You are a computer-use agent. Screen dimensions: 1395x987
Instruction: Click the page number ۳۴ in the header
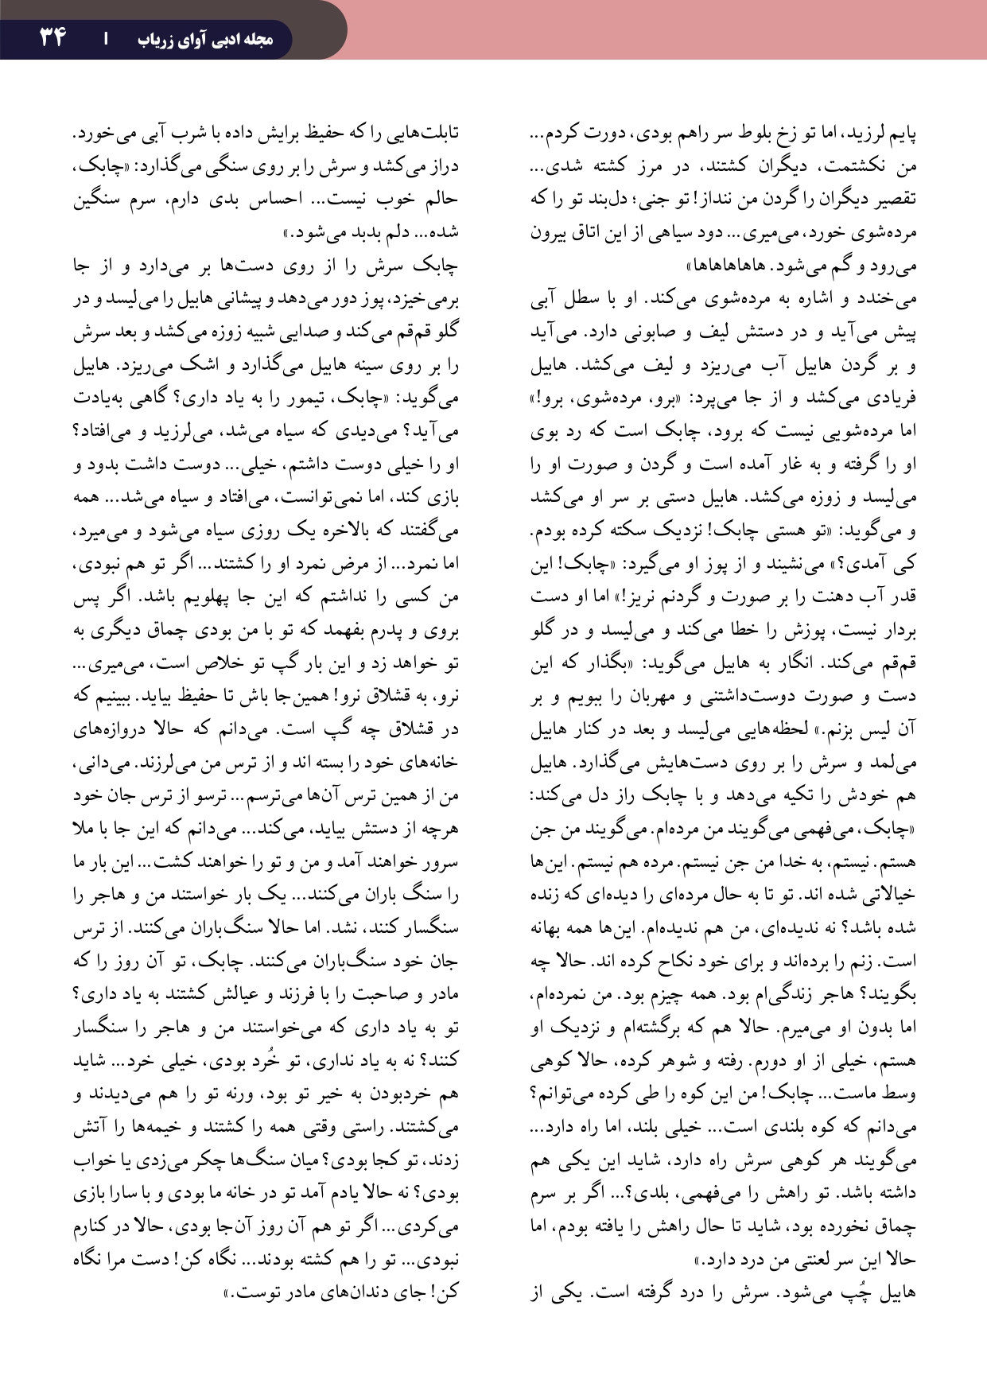point(52,37)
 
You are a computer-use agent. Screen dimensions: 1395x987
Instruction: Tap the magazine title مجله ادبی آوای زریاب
point(204,39)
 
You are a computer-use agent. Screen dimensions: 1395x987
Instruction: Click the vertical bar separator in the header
point(106,38)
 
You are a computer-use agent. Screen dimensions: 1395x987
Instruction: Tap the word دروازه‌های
point(107,729)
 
